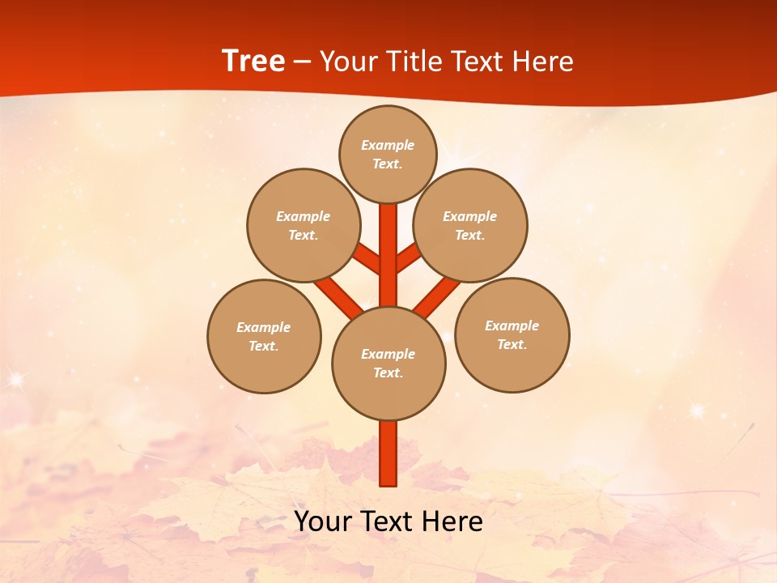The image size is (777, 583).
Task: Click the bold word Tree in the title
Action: pos(253,62)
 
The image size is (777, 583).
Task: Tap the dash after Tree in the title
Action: pos(303,62)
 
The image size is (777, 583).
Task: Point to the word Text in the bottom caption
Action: pos(388,521)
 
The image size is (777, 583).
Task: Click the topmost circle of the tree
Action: pos(388,154)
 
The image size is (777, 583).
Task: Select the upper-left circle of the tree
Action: pos(303,225)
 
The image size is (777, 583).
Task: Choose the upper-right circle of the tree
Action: pos(470,225)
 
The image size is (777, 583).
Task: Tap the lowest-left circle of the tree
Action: pos(264,336)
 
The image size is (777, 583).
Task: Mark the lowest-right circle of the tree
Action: pos(512,334)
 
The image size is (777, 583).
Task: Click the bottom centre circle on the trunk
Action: pos(388,363)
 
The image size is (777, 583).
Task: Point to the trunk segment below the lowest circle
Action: pos(388,453)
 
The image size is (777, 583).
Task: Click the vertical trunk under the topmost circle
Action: pos(388,251)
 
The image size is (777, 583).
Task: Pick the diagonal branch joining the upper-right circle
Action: pos(408,257)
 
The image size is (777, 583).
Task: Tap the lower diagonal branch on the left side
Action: pos(338,297)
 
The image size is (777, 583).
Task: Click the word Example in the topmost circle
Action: pos(388,145)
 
